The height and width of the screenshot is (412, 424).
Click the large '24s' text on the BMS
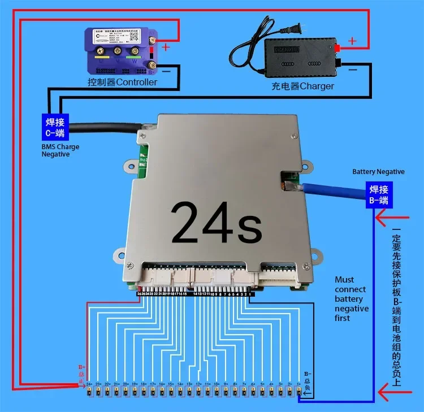pos(217,222)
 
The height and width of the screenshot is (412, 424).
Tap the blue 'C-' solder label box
pos(55,128)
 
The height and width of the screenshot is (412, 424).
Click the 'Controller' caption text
pos(122,83)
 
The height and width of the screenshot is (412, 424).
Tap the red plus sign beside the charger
pos(352,41)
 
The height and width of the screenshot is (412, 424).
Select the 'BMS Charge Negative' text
pos(60,150)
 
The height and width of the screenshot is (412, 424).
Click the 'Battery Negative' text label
pos(378,171)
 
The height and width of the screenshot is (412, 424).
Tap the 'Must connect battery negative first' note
pos(351,298)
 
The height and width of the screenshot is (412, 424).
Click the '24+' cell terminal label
pos(89,384)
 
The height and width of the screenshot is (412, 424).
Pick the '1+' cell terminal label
pos(298,384)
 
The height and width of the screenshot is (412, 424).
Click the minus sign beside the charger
pos(352,70)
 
